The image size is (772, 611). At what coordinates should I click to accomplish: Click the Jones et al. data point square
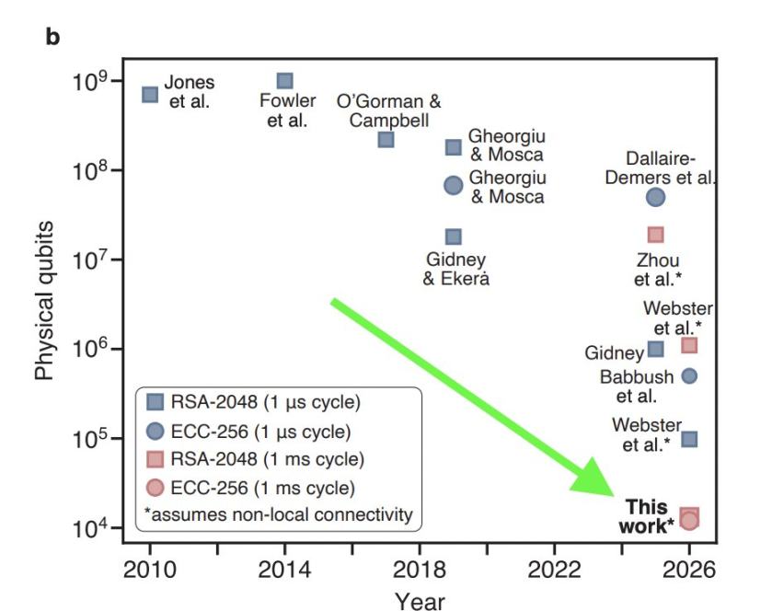coord(150,94)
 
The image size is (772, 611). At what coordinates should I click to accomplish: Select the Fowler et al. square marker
coord(285,81)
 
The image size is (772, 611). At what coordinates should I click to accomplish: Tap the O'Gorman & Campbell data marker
coord(386,139)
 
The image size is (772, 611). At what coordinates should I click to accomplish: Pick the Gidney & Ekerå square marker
coord(454,236)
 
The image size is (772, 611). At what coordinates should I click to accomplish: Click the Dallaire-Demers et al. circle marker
coord(655,196)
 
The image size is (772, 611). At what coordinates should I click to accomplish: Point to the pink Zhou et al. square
coord(655,235)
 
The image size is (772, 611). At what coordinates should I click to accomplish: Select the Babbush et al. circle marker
coord(689,375)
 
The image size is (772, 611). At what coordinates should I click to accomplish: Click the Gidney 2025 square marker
coord(655,349)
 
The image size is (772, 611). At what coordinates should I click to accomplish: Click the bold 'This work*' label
coord(650,514)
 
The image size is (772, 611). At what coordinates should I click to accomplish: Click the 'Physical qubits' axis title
coord(46,300)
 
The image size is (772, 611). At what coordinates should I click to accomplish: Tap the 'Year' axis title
coord(420,600)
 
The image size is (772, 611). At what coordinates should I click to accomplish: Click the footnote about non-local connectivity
coord(279,514)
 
